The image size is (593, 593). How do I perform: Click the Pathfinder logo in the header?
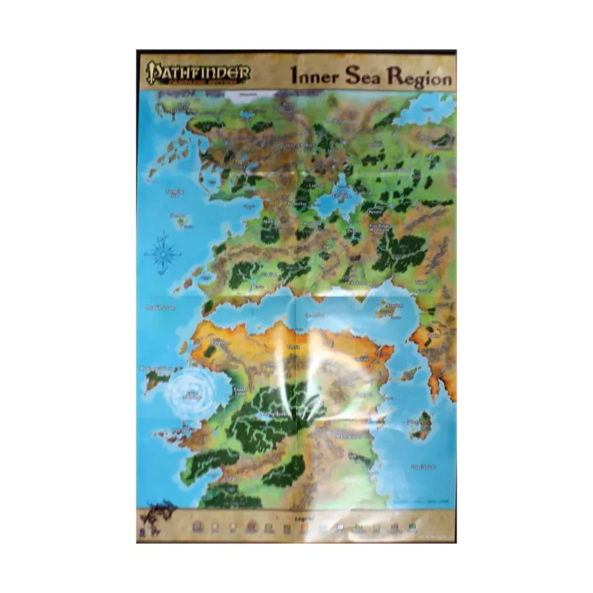pyautogui.click(x=197, y=72)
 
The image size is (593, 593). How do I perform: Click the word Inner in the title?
pyautogui.click(x=314, y=76)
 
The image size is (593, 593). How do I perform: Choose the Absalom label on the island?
pyautogui.click(x=393, y=306)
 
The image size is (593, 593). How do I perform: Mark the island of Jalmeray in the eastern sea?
pyautogui.click(x=420, y=426)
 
